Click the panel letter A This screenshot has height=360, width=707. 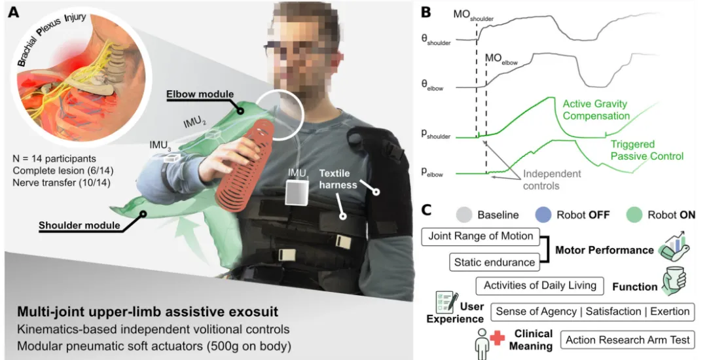pyautogui.click(x=14, y=12)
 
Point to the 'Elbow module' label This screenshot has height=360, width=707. pyautogui.click(x=200, y=95)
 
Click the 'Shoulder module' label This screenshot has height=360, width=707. pyautogui.click(x=79, y=225)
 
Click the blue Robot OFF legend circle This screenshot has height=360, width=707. pyautogui.click(x=544, y=215)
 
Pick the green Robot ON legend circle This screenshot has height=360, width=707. pyautogui.click(x=635, y=215)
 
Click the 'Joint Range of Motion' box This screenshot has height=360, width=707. pyautogui.click(x=480, y=236)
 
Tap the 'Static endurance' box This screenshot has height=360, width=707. pyautogui.click(x=495, y=262)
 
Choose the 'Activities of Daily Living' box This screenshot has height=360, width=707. pyautogui.click(x=539, y=285)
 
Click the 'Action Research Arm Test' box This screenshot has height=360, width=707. pyautogui.click(x=628, y=340)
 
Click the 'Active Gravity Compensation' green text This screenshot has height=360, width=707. pyautogui.click(x=596, y=110)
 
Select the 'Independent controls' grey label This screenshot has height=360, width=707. pyautogui.click(x=552, y=179)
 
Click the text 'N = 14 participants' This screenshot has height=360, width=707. pyautogui.click(x=54, y=158)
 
